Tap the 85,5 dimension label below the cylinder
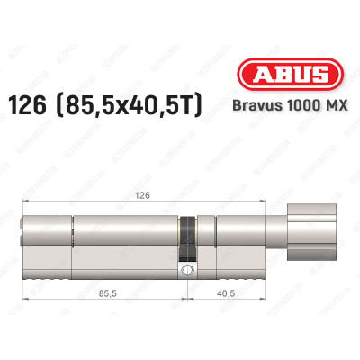click(102, 292)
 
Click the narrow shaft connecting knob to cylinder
click(283, 237)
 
